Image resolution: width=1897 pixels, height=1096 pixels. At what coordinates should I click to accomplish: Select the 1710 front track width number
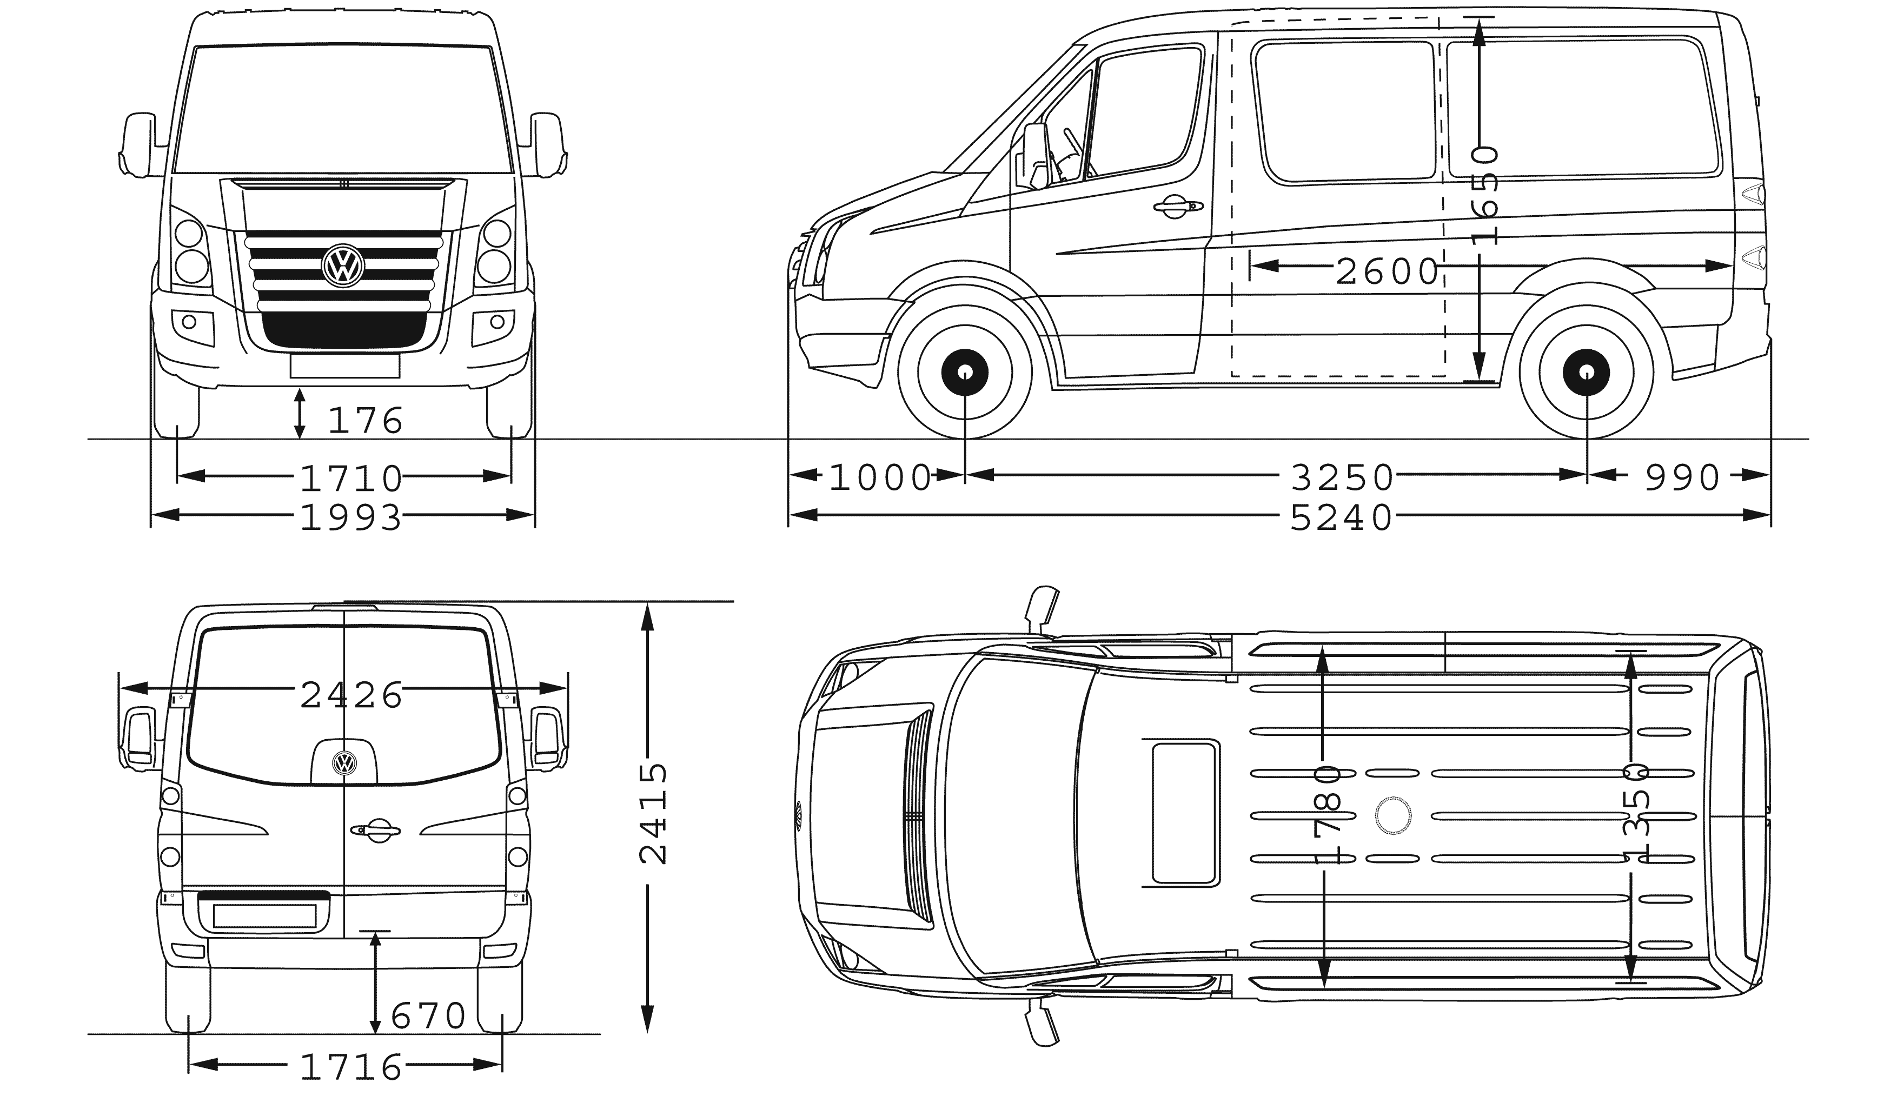351,478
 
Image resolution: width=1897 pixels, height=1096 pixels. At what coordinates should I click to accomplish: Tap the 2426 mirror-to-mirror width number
351,695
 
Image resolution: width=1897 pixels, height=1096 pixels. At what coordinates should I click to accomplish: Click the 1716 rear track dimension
351,1067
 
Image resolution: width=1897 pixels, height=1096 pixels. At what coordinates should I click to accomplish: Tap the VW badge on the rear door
344,763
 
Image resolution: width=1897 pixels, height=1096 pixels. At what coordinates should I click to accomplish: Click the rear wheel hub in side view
1586,373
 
